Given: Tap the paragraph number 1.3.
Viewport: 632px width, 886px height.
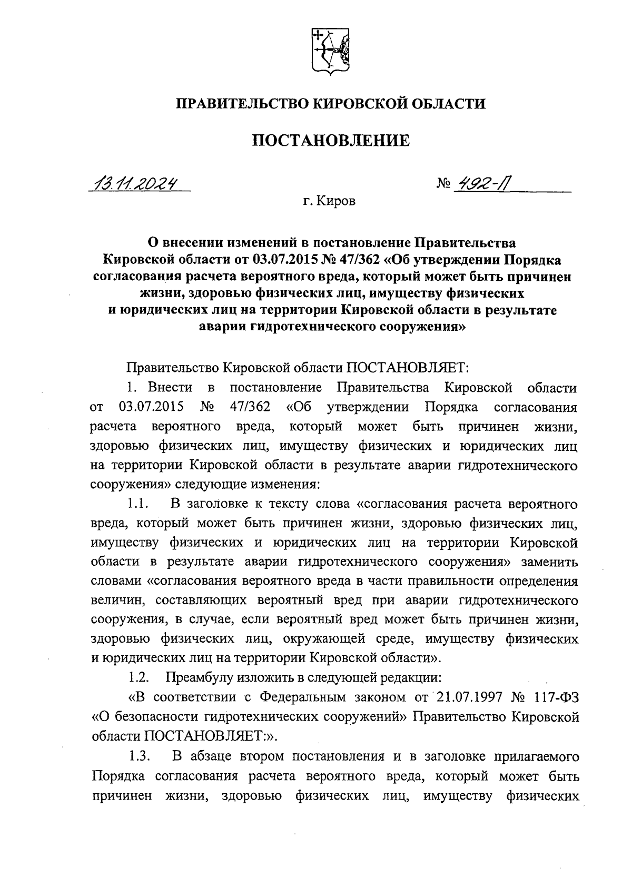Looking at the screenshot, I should (141, 757).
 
